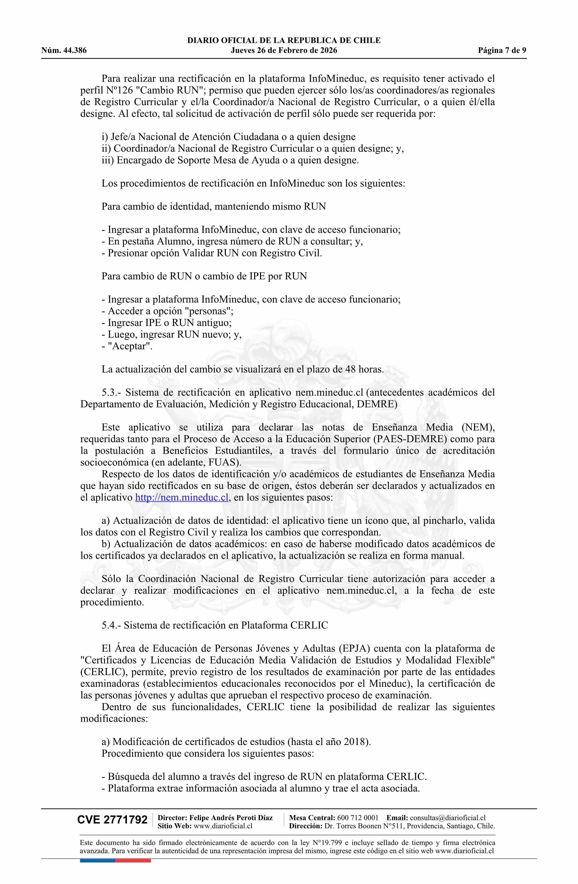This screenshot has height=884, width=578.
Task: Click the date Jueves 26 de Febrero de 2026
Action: pyautogui.click(x=284, y=51)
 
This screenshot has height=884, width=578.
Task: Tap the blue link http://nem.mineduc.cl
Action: pyautogui.click(x=181, y=497)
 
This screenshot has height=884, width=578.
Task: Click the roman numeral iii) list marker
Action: pyautogui.click(x=108, y=160)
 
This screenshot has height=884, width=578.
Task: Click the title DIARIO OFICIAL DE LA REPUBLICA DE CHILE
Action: pyautogui.click(x=284, y=41)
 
